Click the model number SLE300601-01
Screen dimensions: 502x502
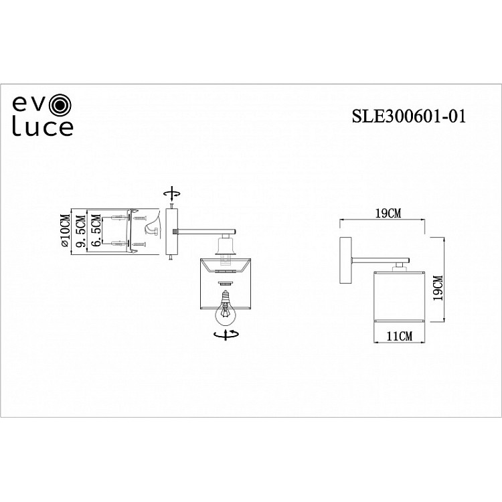(408, 115)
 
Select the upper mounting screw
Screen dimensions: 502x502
(140, 217)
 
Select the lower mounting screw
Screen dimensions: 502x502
(140, 245)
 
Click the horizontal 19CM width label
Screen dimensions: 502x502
(388, 214)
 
